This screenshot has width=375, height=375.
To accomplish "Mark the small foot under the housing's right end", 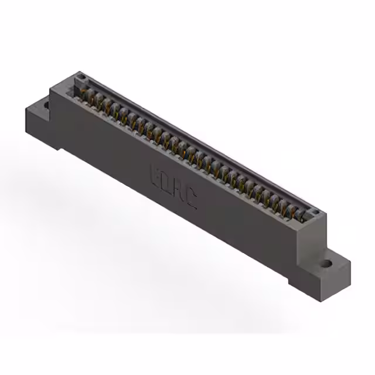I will tap(295, 281).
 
